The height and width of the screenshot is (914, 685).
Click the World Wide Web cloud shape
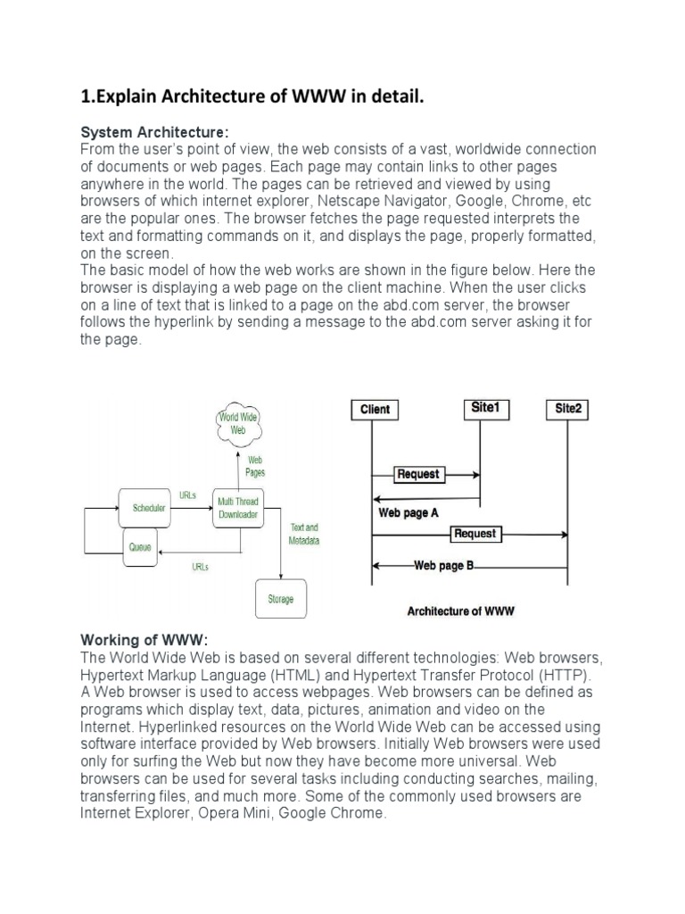238,423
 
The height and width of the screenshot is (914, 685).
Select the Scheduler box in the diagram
148,508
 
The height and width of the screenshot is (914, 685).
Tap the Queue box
140,546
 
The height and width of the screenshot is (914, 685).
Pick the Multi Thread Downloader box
238,508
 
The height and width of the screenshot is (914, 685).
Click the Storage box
280,599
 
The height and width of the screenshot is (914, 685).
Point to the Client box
375,410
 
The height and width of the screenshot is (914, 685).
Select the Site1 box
484,408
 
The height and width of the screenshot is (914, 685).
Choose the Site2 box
567,409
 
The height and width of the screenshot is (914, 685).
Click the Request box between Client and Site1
418,475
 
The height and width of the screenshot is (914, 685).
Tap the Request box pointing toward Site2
475,534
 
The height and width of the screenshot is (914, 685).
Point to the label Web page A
409,513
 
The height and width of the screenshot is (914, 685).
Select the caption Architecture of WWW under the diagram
461,611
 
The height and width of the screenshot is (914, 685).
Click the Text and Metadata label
304,534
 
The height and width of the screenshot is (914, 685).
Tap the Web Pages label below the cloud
255,466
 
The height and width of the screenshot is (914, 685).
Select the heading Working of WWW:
144,641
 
